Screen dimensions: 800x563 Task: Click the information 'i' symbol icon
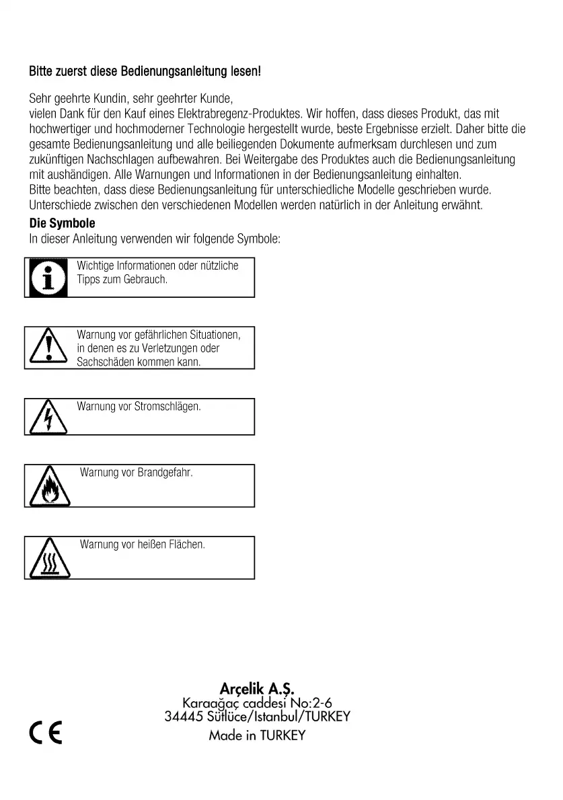coord(48,277)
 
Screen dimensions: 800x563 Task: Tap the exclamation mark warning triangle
coord(48,348)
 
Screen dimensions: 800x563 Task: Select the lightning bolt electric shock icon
coord(48,418)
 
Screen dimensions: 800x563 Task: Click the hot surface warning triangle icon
coord(48,560)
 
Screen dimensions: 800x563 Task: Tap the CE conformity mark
coord(46,731)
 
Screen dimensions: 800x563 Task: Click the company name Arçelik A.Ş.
coord(257,688)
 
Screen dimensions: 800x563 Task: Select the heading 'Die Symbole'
coord(63,223)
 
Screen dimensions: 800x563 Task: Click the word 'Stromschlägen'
coord(167,407)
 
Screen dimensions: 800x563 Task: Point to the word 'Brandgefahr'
coord(165,473)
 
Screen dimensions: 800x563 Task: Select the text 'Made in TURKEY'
coord(257,735)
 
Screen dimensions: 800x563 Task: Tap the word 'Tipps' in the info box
coord(88,279)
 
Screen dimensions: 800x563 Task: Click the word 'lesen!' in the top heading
coord(246,71)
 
